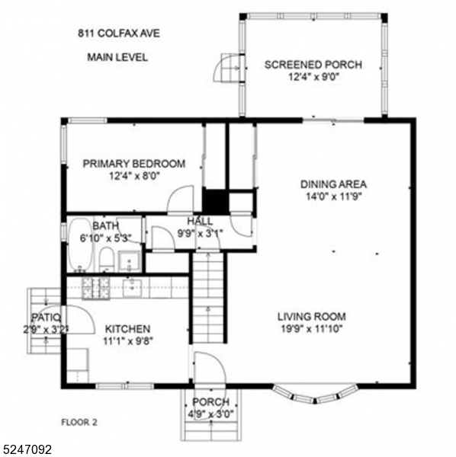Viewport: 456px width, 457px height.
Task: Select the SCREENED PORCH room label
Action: tap(313, 64)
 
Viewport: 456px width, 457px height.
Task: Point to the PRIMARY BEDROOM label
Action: tap(133, 164)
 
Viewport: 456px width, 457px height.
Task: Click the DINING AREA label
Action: tap(333, 184)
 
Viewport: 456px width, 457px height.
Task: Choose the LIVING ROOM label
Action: tap(311, 316)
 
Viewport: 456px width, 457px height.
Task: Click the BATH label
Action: tap(105, 226)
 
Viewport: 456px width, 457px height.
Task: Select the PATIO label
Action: tap(45, 318)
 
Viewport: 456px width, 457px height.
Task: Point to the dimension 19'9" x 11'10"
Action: tap(311, 329)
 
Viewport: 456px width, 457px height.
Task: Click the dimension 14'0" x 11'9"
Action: tap(333, 197)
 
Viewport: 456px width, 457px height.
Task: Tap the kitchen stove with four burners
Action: tap(96, 287)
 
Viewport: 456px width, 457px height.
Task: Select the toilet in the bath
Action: tap(107, 259)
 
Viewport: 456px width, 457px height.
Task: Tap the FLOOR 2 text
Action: tap(79, 420)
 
